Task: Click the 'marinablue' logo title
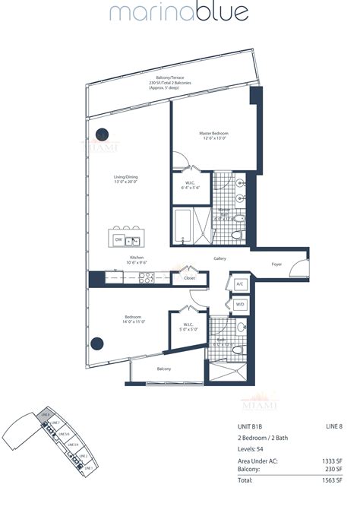click(179, 14)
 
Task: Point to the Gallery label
click(219, 259)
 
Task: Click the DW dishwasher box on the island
click(118, 240)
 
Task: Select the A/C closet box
click(239, 283)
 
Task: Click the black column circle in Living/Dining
click(101, 135)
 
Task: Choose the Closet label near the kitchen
click(188, 279)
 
